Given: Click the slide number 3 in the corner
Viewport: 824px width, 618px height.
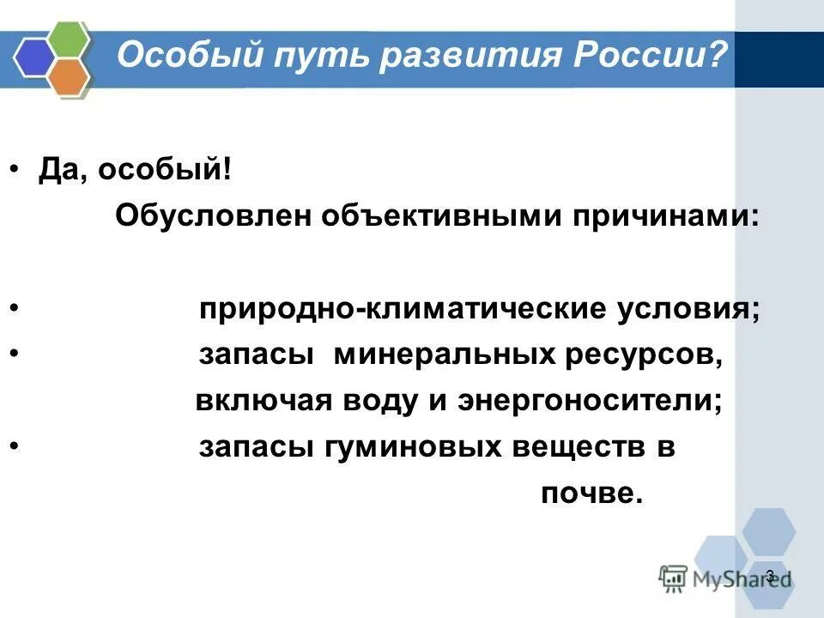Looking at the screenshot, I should [x=769, y=575].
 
